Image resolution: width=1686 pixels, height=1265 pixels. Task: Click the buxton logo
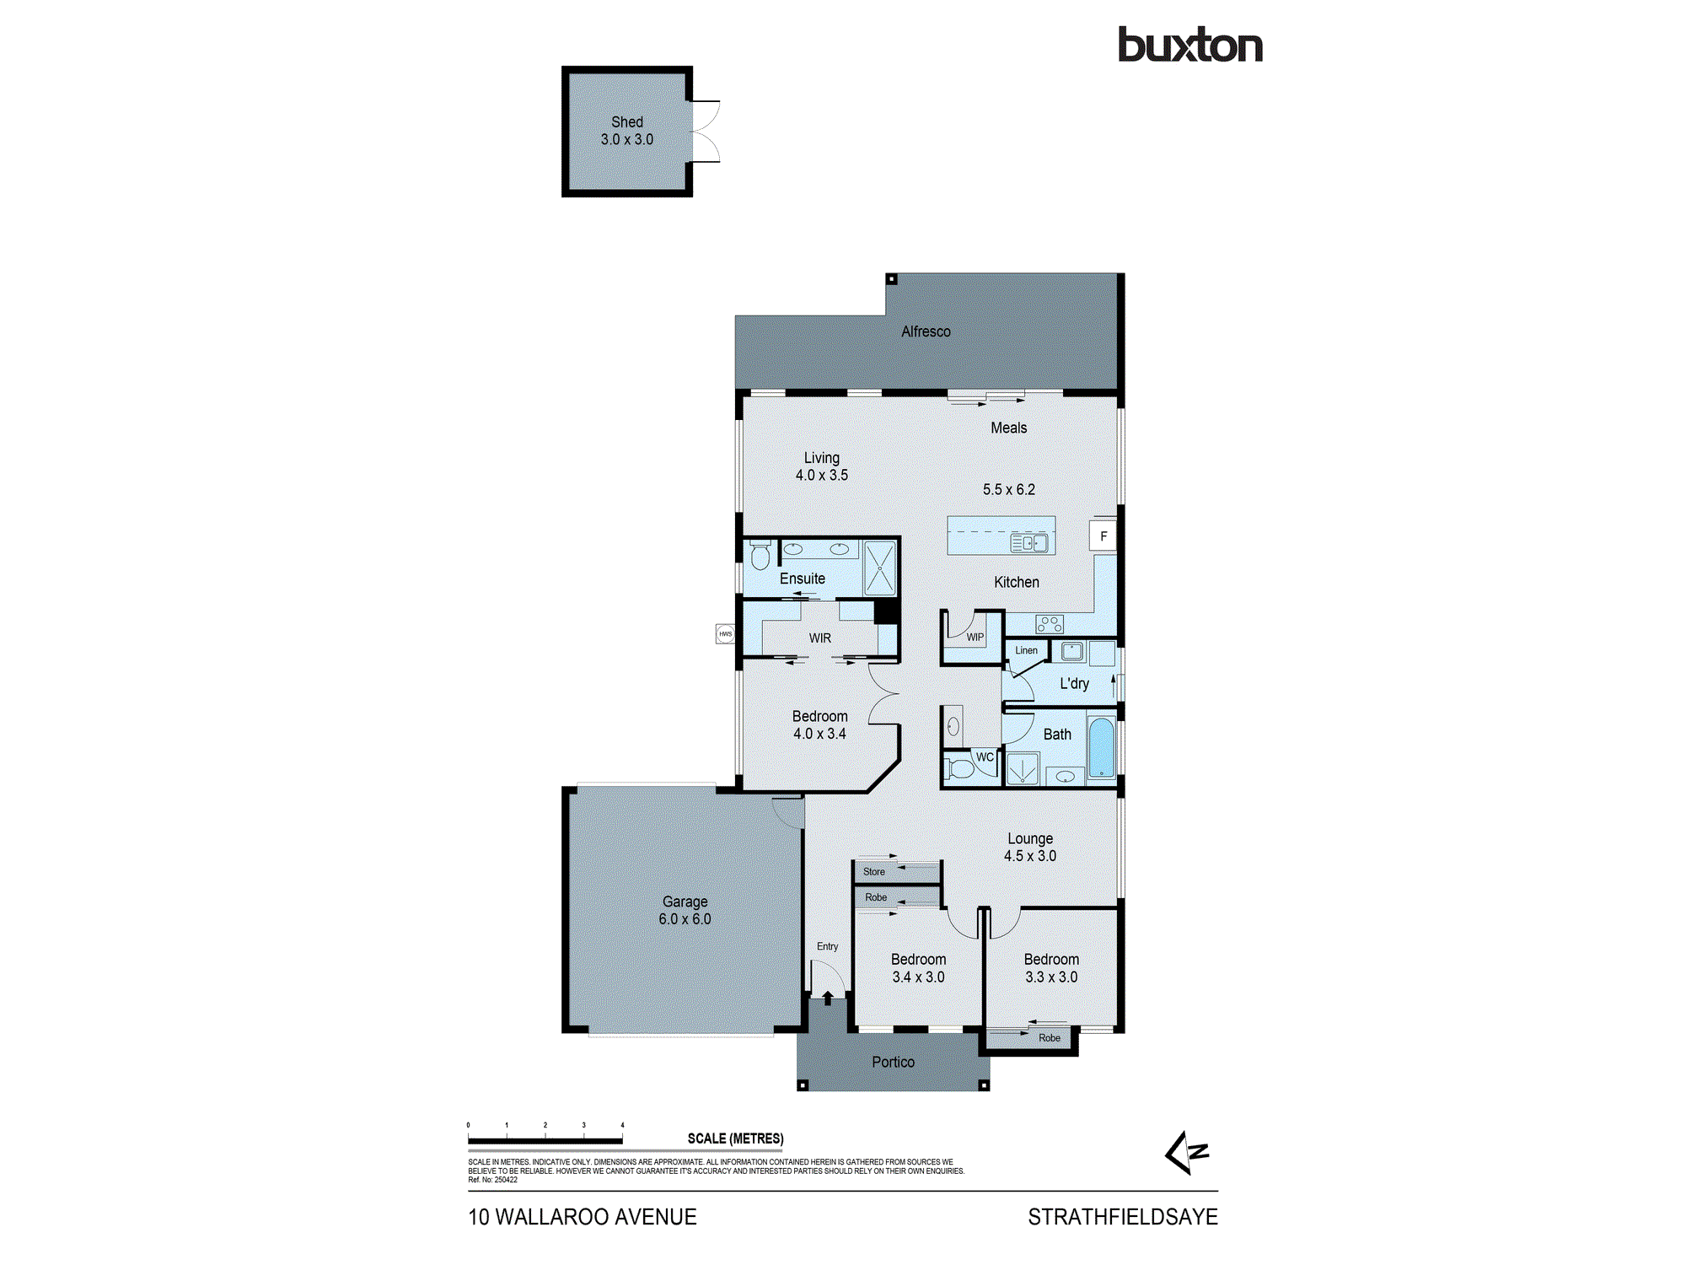[x=1189, y=46]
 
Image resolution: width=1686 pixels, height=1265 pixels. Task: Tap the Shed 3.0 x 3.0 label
[x=626, y=131]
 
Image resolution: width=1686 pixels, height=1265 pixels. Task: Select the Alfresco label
[x=926, y=331]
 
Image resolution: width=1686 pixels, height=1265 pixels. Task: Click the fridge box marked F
[x=1103, y=536]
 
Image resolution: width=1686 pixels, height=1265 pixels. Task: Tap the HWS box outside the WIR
[x=725, y=633]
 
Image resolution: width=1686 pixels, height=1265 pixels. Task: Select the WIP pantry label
[x=975, y=637]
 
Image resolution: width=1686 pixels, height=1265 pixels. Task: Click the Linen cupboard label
[x=1026, y=650]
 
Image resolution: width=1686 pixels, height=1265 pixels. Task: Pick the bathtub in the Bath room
[x=1101, y=747]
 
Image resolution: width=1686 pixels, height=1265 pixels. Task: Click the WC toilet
[x=959, y=767]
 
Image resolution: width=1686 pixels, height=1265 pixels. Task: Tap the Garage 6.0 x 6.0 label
[x=685, y=910]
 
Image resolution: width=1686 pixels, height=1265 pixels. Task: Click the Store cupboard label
[x=874, y=871]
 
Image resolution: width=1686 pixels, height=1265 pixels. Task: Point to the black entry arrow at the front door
[x=828, y=998]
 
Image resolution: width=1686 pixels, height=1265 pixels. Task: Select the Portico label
[x=893, y=1062]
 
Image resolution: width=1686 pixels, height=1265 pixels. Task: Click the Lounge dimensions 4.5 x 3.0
[x=1029, y=856]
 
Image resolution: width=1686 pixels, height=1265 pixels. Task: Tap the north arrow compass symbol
[x=1187, y=1153]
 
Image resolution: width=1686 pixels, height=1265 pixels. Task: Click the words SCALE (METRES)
[x=735, y=1138]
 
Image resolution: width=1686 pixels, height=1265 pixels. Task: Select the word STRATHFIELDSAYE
[x=1122, y=1217]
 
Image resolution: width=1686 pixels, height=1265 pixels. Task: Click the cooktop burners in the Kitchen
[x=1050, y=624]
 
